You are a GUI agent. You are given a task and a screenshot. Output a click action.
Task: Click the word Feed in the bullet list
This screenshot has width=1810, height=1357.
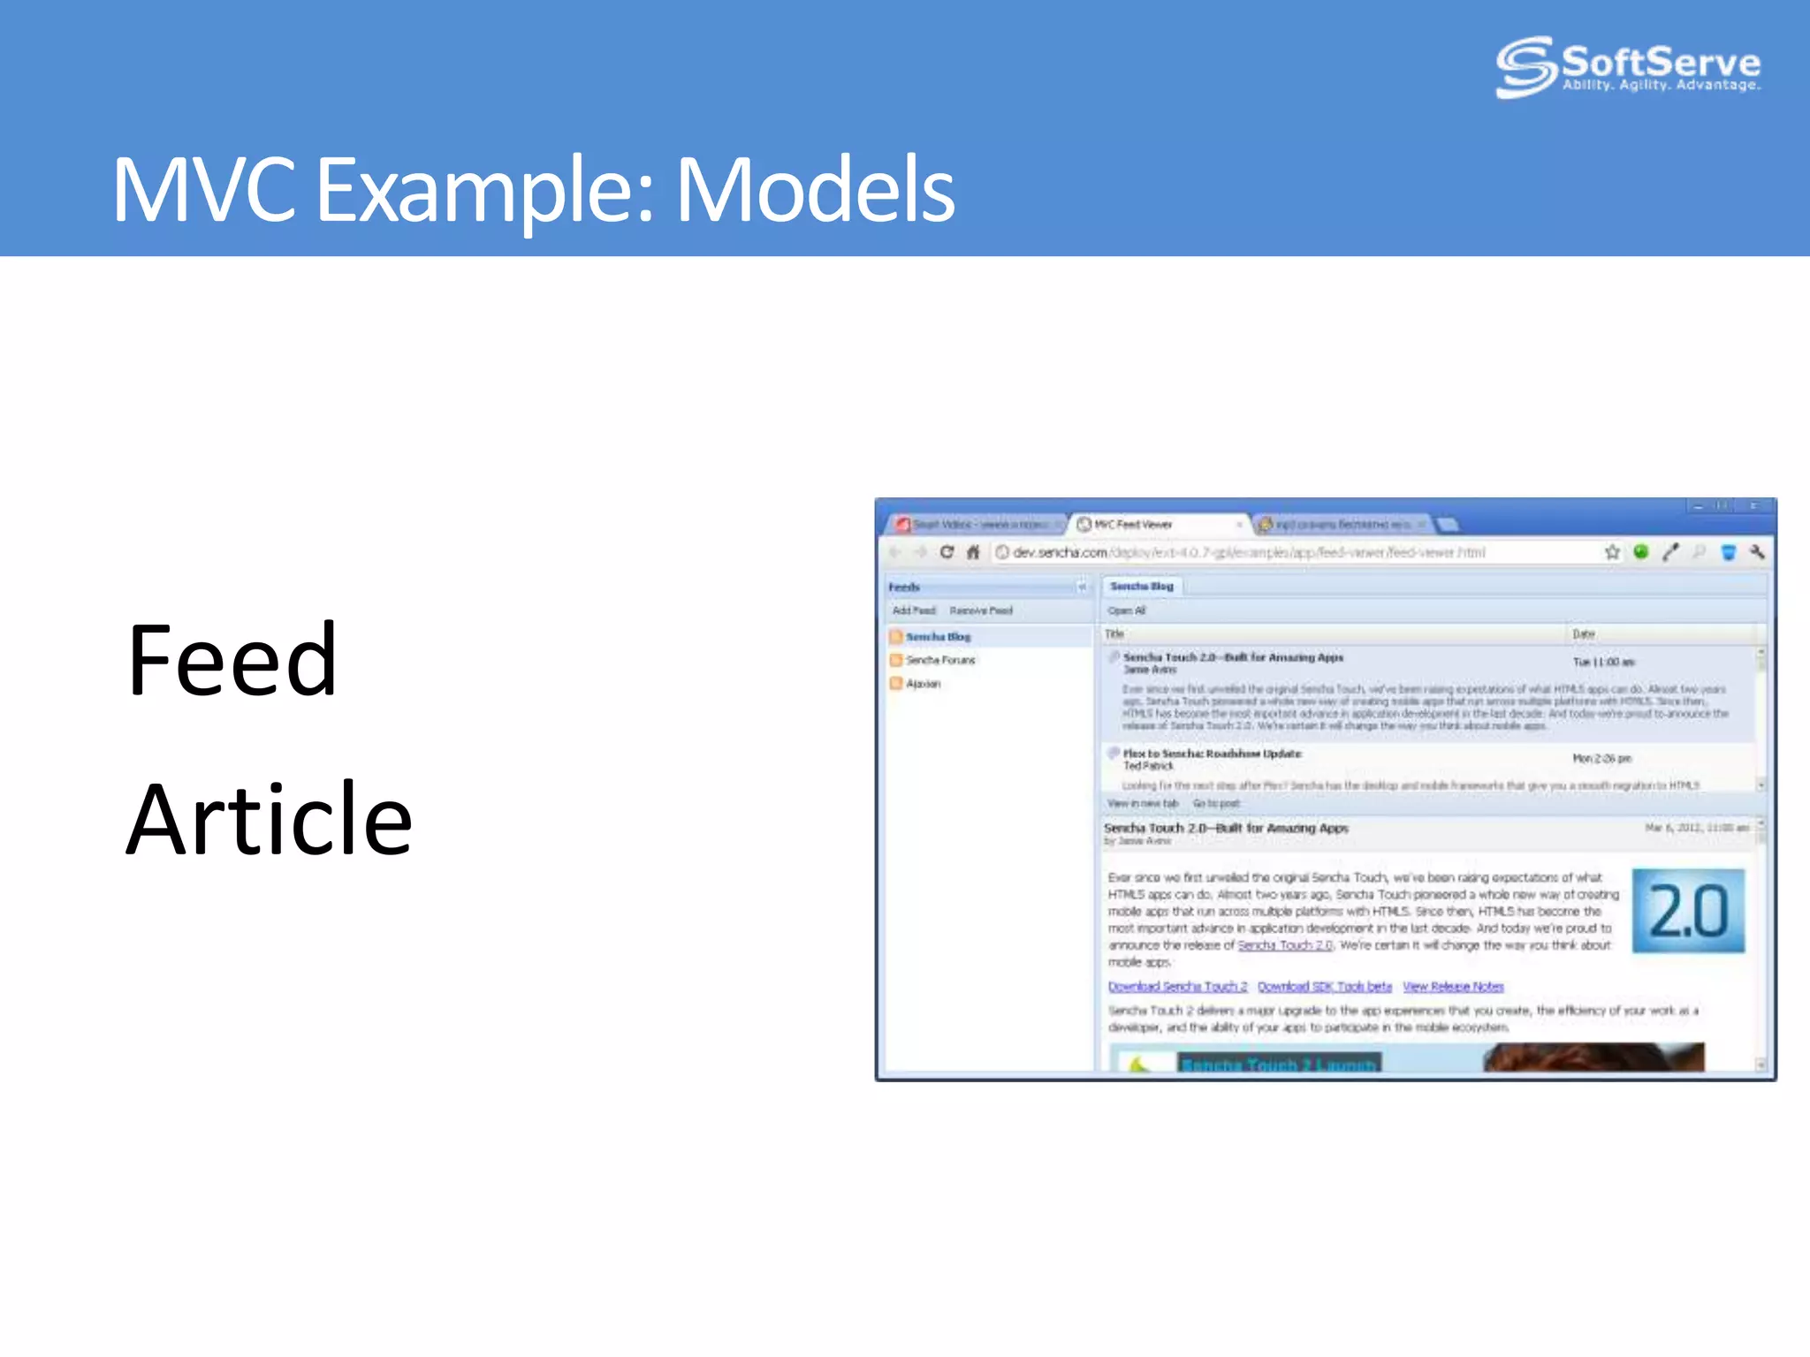(x=232, y=660)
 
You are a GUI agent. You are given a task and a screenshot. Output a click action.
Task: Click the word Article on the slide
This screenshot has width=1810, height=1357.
(x=269, y=820)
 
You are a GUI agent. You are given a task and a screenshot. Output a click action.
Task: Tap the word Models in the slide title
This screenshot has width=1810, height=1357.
(x=814, y=189)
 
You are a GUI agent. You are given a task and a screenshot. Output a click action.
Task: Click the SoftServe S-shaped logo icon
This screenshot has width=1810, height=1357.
(x=1525, y=66)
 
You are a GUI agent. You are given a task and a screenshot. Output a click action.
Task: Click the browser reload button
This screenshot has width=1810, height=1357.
(x=947, y=552)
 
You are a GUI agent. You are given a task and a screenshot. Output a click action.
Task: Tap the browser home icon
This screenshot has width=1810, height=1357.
(x=973, y=552)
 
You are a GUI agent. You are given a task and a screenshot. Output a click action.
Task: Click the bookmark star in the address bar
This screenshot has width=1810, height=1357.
(x=1612, y=552)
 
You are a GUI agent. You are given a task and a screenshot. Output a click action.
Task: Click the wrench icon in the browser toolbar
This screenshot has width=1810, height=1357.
(x=1757, y=552)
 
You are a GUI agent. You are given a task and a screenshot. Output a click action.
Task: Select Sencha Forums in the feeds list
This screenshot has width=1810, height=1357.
(x=939, y=660)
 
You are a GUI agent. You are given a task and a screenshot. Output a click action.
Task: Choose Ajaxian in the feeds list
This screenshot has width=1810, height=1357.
(x=923, y=684)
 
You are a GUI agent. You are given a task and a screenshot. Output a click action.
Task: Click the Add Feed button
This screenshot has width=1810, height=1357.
(x=913, y=610)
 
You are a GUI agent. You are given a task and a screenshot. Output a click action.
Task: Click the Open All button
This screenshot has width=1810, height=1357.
(x=1126, y=610)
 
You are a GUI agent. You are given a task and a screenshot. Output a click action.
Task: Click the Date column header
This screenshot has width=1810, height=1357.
(x=1583, y=634)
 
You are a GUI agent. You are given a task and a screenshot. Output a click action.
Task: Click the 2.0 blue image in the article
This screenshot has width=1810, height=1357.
(x=1688, y=911)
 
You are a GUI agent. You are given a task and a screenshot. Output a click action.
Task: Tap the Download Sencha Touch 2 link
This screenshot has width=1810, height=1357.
(x=1177, y=987)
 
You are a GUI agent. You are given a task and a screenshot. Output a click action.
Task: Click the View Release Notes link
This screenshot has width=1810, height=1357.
(x=1453, y=987)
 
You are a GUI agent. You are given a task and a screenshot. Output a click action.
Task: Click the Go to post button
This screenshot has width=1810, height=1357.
(x=1216, y=804)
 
